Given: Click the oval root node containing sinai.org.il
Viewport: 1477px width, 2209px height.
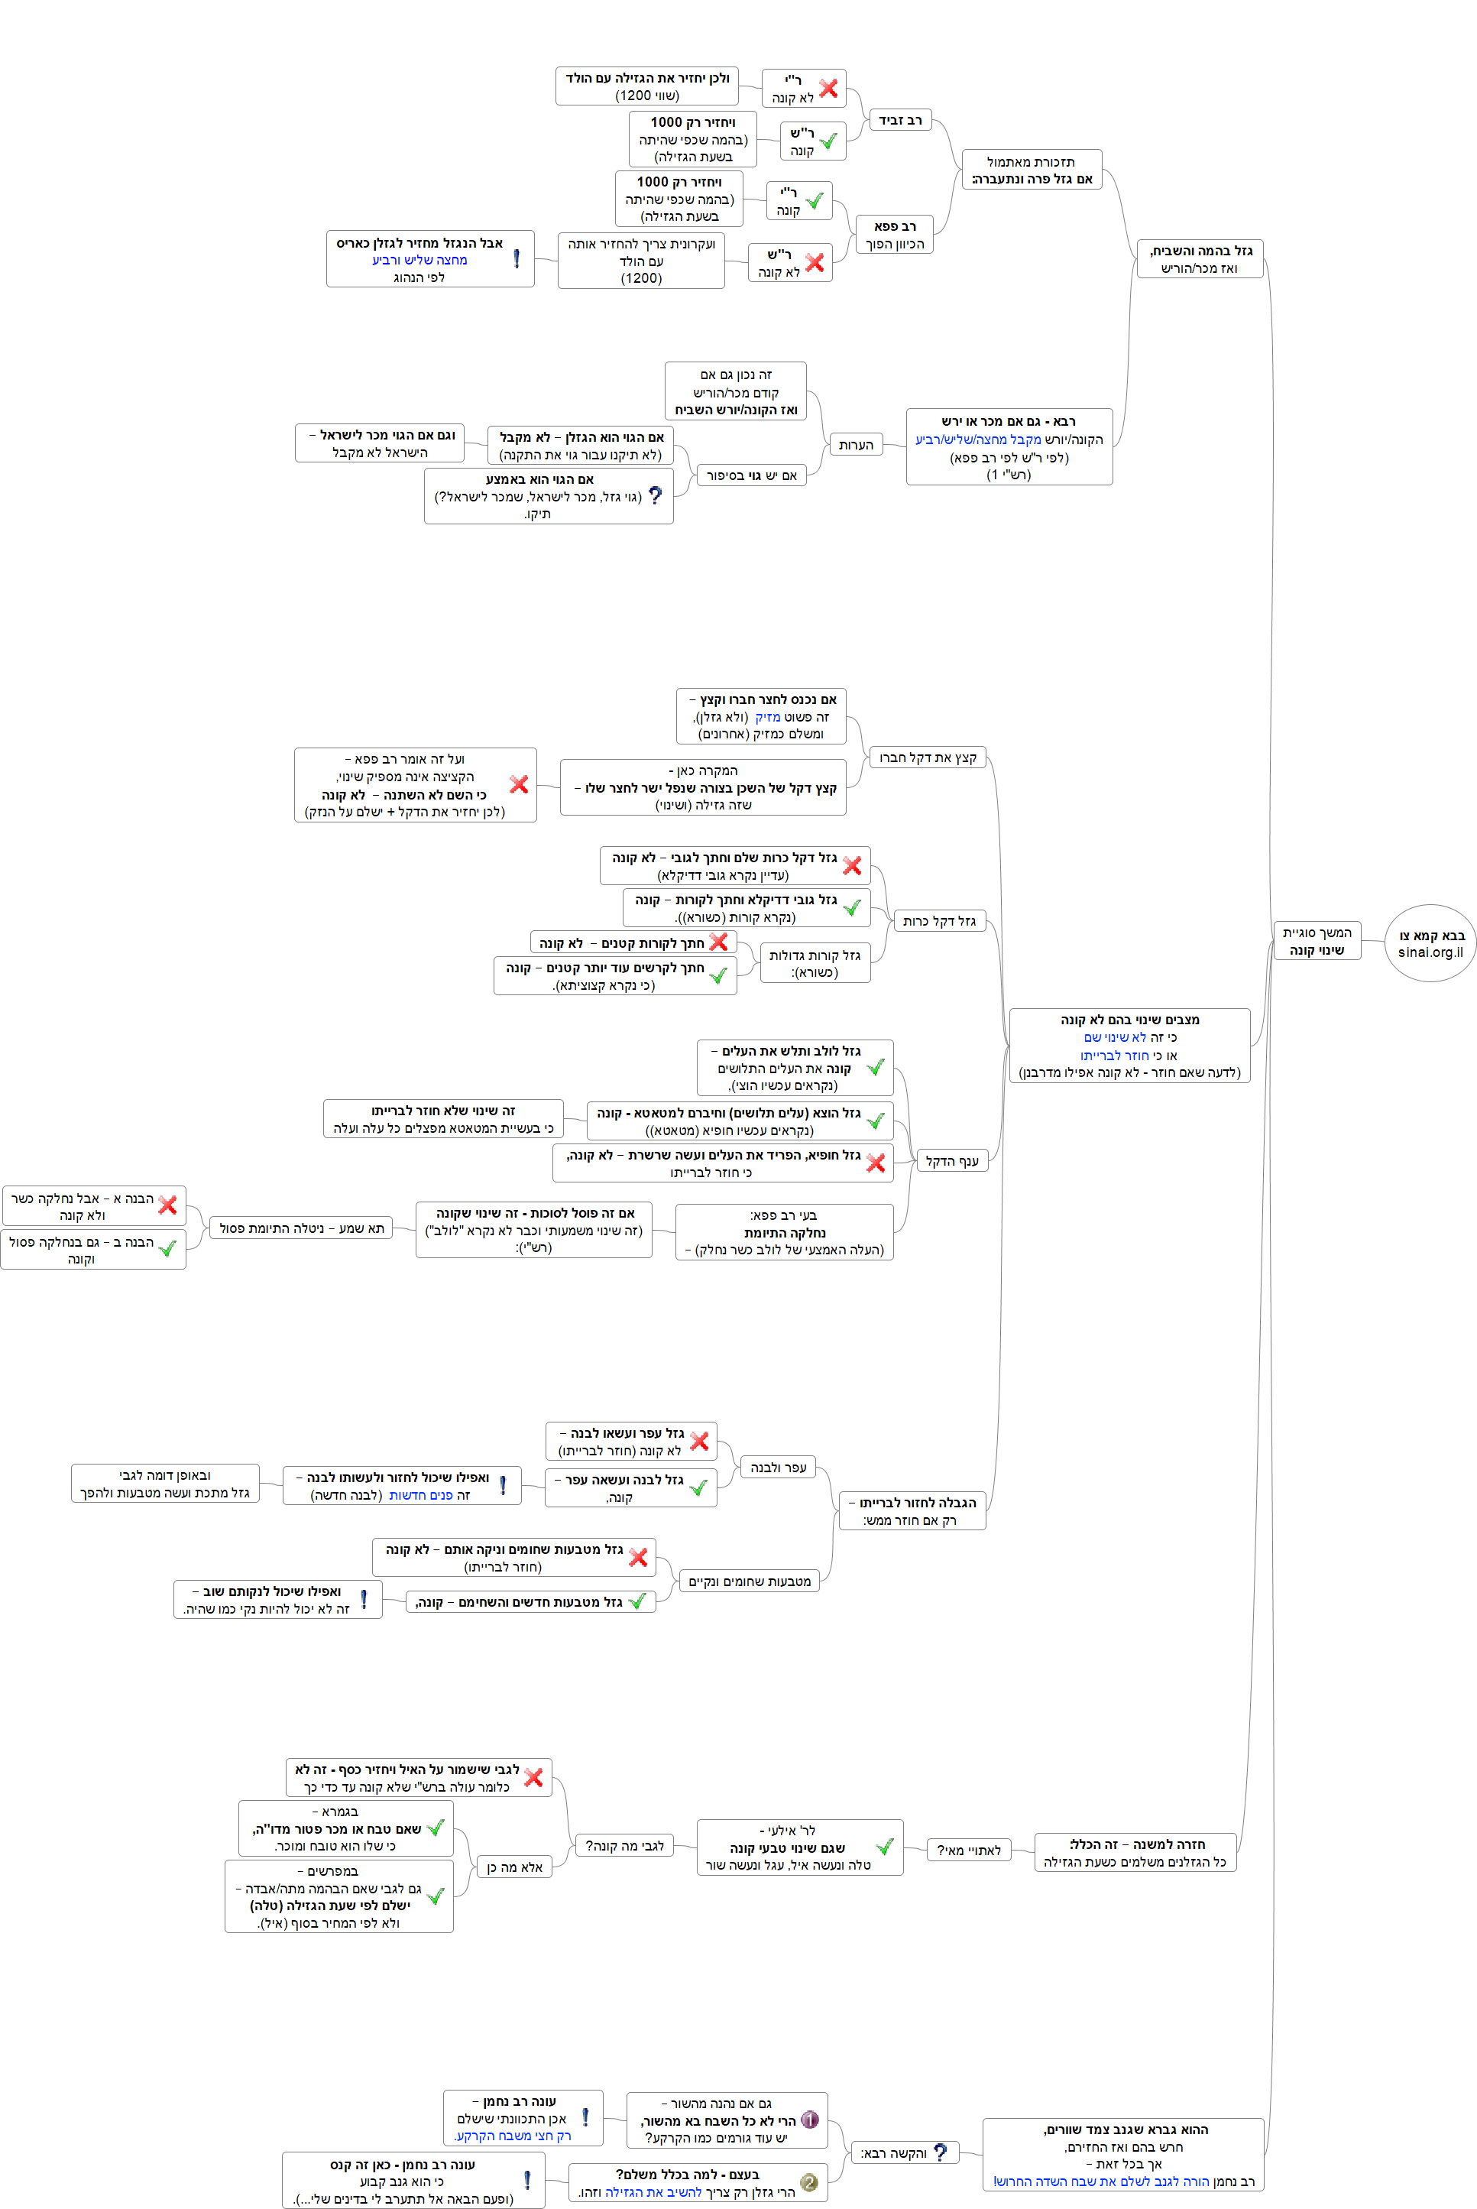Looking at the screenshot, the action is pyautogui.click(x=1430, y=943).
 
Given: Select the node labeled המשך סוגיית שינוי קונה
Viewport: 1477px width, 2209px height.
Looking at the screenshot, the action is pyautogui.click(x=1316, y=941).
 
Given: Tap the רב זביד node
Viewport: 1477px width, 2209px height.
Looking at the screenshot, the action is pyautogui.click(x=899, y=120).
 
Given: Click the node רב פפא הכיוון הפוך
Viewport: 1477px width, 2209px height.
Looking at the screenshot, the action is pyautogui.click(x=894, y=235).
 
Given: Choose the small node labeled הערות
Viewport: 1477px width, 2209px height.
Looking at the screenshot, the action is pyautogui.click(x=855, y=445).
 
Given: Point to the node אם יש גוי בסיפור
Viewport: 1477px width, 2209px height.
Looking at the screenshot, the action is pyautogui.click(x=752, y=475).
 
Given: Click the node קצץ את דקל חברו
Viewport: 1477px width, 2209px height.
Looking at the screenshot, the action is pyautogui.click(x=927, y=757).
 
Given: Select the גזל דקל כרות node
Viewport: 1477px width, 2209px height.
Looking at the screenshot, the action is pyautogui.click(x=938, y=920).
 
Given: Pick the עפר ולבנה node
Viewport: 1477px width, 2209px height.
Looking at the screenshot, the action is pyautogui.click(x=778, y=1467).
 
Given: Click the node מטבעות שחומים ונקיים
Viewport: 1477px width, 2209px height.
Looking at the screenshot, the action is pyautogui.click(x=749, y=1581).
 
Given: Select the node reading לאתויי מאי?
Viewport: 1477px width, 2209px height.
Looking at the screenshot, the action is pyautogui.click(x=968, y=1850).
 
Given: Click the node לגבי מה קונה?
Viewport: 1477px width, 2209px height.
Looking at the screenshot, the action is pyautogui.click(x=624, y=1845).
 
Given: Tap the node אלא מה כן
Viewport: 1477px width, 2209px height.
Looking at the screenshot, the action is pyautogui.click(x=514, y=1867).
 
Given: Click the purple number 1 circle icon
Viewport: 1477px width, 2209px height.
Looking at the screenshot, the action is pyautogui.click(x=809, y=2120).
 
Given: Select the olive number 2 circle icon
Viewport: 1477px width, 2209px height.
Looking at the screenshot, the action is pyautogui.click(x=808, y=2181).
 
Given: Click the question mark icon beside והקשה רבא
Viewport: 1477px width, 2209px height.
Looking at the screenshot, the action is pyautogui.click(x=939, y=2152).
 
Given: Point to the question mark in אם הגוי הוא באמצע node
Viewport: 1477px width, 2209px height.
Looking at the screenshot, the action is pyautogui.click(x=656, y=495).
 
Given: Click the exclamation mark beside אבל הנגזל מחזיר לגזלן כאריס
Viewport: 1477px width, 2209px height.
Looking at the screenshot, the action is pyautogui.click(x=517, y=258).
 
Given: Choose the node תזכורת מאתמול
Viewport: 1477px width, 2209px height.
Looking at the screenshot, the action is pyautogui.click(x=1031, y=170).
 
